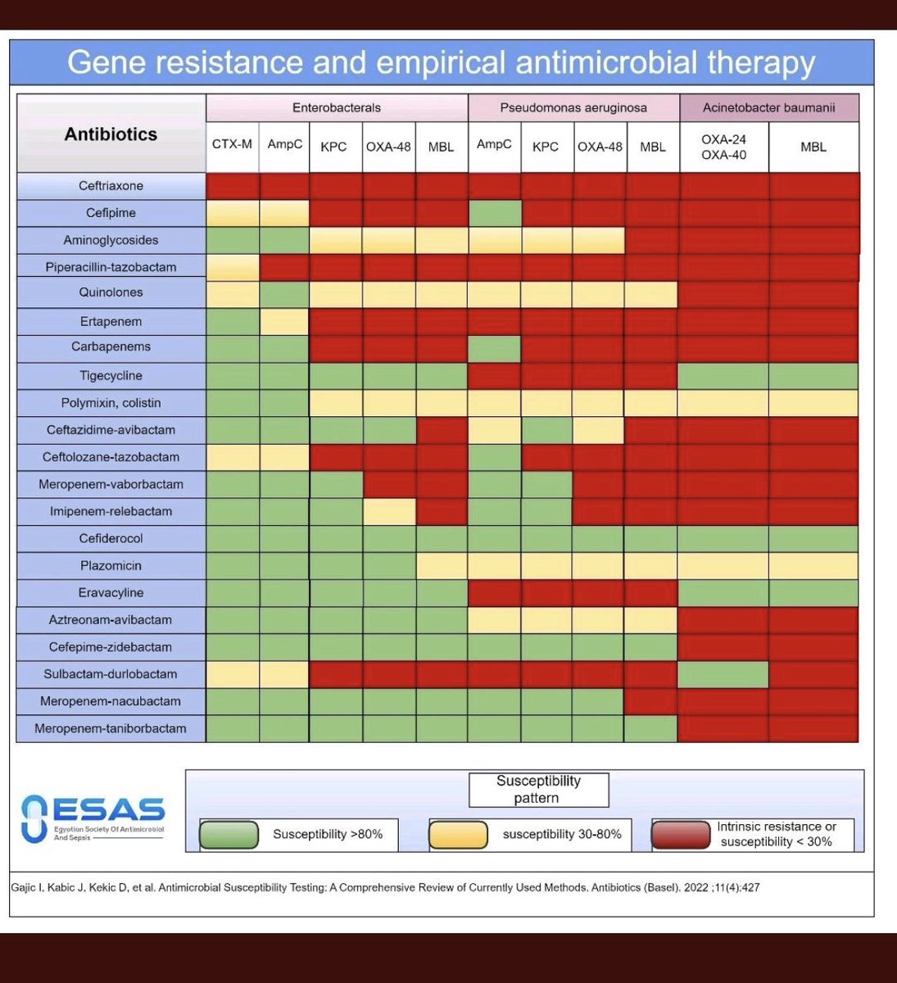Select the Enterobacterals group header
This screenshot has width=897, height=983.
click(x=337, y=108)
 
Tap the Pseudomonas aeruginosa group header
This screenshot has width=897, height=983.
click(x=573, y=108)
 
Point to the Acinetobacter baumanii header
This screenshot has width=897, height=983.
click(x=768, y=108)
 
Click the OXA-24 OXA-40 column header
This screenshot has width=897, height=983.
click(x=724, y=147)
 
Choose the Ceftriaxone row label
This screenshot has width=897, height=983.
click(x=111, y=186)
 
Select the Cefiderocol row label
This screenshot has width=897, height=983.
click(x=111, y=538)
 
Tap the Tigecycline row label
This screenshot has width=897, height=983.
click(x=111, y=376)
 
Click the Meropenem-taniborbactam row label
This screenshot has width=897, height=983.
click(x=111, y=728)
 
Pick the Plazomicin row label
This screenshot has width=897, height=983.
click(x=111, y=565)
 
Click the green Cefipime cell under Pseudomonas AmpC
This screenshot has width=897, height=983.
click(x=495, y=213)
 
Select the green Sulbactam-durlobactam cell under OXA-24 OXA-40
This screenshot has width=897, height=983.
click(x=724, y=674)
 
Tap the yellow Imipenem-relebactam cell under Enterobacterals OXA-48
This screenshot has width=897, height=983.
click(x=389, y=511)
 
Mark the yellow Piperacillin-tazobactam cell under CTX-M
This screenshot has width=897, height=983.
click(x=233, y=267)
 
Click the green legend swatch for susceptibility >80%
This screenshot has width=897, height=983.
click(x=229, y=835)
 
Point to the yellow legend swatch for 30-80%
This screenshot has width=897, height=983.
click(x=459, y=835)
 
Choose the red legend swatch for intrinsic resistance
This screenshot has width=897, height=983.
click(x=681, y=835)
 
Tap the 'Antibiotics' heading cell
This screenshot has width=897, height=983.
click(x=111, y=134)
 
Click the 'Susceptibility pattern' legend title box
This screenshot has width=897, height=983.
click(x=538, y=790)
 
